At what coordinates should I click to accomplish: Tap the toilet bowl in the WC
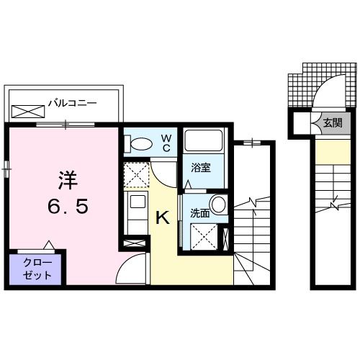tap(139, 144)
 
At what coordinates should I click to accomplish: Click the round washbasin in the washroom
tap(217, 204)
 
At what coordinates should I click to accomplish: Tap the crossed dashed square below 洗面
tap(204, 235)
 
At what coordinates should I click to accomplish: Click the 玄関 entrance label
tap(333, 122)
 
